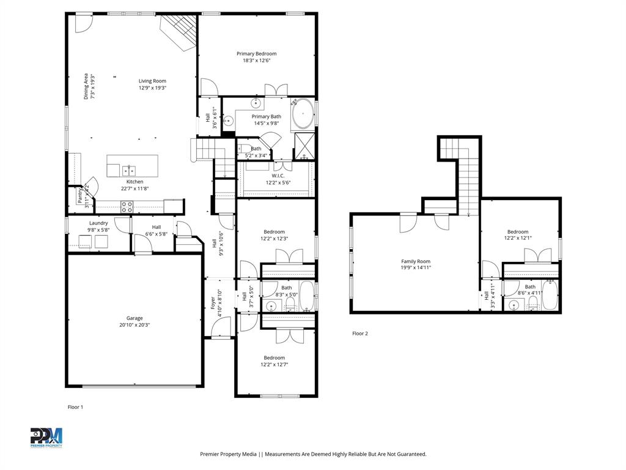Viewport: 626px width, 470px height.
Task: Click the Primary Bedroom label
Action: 256,54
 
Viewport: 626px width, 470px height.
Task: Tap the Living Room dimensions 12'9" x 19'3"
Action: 152,88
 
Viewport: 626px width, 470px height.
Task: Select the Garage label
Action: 134,318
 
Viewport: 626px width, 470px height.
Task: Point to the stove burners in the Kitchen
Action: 127,207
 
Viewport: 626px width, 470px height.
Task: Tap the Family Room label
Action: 415,261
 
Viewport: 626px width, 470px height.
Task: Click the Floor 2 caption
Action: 360,334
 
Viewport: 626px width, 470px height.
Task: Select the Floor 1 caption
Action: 75,407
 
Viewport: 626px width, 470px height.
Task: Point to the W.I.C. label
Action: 274,176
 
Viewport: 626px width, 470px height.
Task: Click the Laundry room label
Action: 98,223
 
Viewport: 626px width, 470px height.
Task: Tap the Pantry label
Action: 80,196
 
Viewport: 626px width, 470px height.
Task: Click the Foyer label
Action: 213,302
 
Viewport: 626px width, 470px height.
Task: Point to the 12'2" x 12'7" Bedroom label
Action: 274,358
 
